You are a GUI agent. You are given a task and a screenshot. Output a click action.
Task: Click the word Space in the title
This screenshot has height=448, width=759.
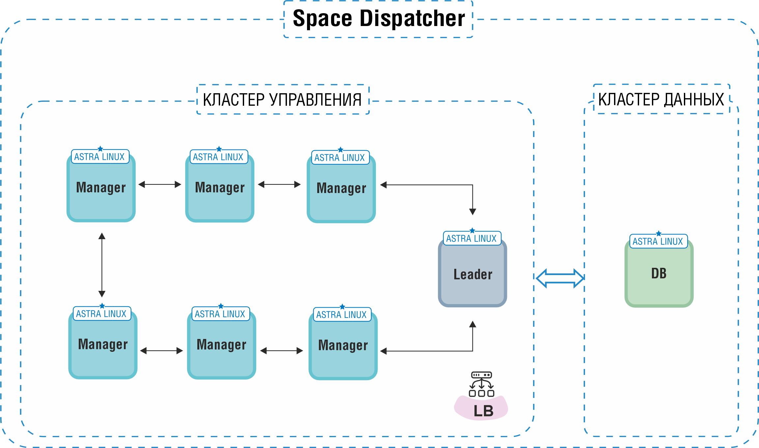tap(322, 18)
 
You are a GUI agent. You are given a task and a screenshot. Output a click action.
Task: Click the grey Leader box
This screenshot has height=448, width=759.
tap(472, 287)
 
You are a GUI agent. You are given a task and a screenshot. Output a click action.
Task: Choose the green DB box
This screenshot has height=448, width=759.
tap(659, 287)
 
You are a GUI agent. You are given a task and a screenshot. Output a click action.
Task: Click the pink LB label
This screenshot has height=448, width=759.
tap(483, 410)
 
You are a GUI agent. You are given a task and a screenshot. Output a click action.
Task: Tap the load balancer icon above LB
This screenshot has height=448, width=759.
tap(481, 384)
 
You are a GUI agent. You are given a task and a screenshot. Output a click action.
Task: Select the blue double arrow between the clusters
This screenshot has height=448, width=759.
tap(560, 278)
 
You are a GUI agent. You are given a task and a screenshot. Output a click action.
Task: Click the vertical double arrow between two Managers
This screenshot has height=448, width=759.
tap(102, 265)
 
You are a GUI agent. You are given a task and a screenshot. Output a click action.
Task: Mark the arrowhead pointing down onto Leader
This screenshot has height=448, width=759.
tap(472, 211)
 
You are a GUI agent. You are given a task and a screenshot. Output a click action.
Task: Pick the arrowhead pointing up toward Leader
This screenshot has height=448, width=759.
tap(472, 324)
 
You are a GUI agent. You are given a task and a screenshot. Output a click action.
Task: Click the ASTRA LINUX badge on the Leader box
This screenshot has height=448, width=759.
tap(471, 238)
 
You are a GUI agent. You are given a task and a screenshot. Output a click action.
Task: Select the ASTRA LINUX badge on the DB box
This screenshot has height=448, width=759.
tap(658, 241)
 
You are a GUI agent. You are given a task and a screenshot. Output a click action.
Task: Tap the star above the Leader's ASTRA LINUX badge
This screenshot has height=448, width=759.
tap(472, 230)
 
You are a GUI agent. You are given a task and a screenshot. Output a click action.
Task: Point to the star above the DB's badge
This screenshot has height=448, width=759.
tap(659, 233)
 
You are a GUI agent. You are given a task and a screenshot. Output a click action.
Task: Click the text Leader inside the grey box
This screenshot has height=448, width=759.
tap(473, 274)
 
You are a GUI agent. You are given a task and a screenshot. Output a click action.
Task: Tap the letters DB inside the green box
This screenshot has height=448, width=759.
tap(659, 273)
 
